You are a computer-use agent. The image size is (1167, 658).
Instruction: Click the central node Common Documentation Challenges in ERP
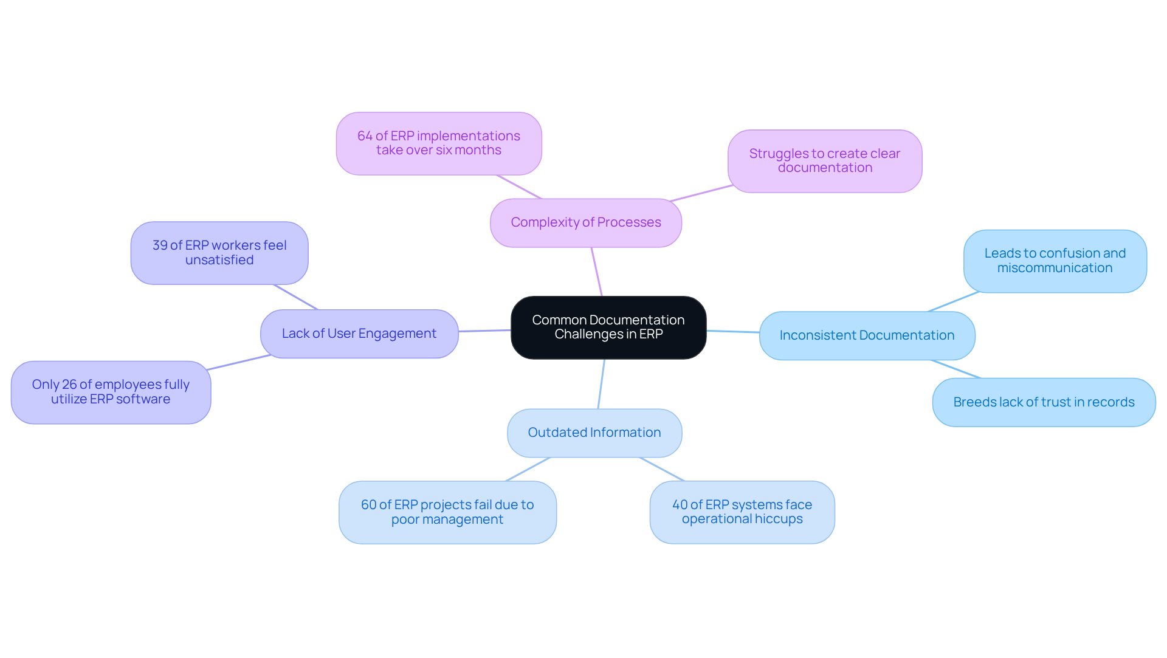[x=608, y=327]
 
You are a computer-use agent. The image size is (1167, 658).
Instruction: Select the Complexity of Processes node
[x=585, y=223]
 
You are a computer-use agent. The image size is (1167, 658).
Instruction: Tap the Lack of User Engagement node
[x=359, y=334]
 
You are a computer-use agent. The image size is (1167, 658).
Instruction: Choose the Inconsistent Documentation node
[x=867, y=335]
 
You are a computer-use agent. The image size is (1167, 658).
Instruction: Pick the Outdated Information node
[x=594, y=433]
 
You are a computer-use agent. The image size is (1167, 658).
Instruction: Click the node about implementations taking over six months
[x=439, y=143]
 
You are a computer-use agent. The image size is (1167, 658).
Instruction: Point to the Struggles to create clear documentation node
[x=824, y=161]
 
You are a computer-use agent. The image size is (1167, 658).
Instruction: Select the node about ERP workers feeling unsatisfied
[x=219, y=253]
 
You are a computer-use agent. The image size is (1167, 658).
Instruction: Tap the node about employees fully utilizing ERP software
[x=111, y=392]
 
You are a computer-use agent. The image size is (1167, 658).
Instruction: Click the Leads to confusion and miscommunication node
[x=1055, y=261]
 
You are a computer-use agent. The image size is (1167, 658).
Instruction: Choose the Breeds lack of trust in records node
[x=1044, y=402]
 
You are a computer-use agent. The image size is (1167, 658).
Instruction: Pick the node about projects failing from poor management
[x=447, y=512]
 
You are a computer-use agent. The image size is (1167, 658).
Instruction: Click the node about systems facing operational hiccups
[x=742, y=512]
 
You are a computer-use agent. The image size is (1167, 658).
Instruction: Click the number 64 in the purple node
[x=365, y=136]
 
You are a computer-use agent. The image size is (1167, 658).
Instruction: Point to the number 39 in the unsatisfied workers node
[x=160, y=245]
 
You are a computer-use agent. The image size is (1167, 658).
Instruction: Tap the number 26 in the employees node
[x=69, y=385]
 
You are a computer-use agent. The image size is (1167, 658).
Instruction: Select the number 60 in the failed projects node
[x=368, y=505]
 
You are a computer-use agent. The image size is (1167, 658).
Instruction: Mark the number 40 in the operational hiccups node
[x=680, y=505]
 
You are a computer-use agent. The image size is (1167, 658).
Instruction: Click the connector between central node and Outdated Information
[x=601, y=384]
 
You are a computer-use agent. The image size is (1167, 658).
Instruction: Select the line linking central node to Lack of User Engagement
[x=484, y=331]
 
